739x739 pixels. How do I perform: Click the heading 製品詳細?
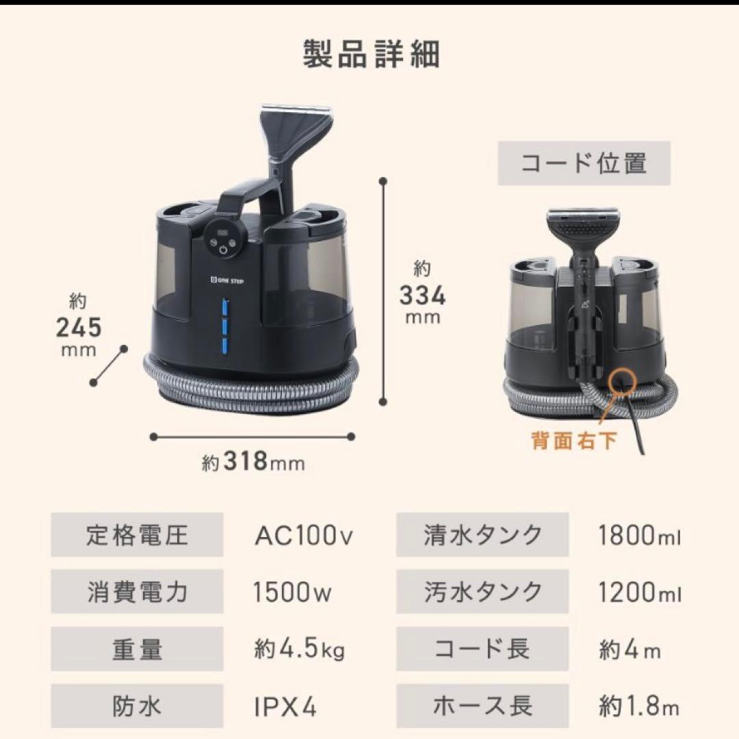pyautogui.click(x=371, y=55)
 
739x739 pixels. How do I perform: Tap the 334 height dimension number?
pyautogui.click(x=422, y=296)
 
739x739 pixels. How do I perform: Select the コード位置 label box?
pyautogui.click(x=584, y=164)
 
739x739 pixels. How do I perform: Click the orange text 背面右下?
pyautogui.click(x=574, y=440)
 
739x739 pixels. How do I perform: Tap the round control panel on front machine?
pyautogui.click(x=223, y=240)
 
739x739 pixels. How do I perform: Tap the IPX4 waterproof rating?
pyautogui.click(x=285, y=705)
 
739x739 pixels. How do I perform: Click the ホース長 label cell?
pyautogui.click(x=482, y=705)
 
